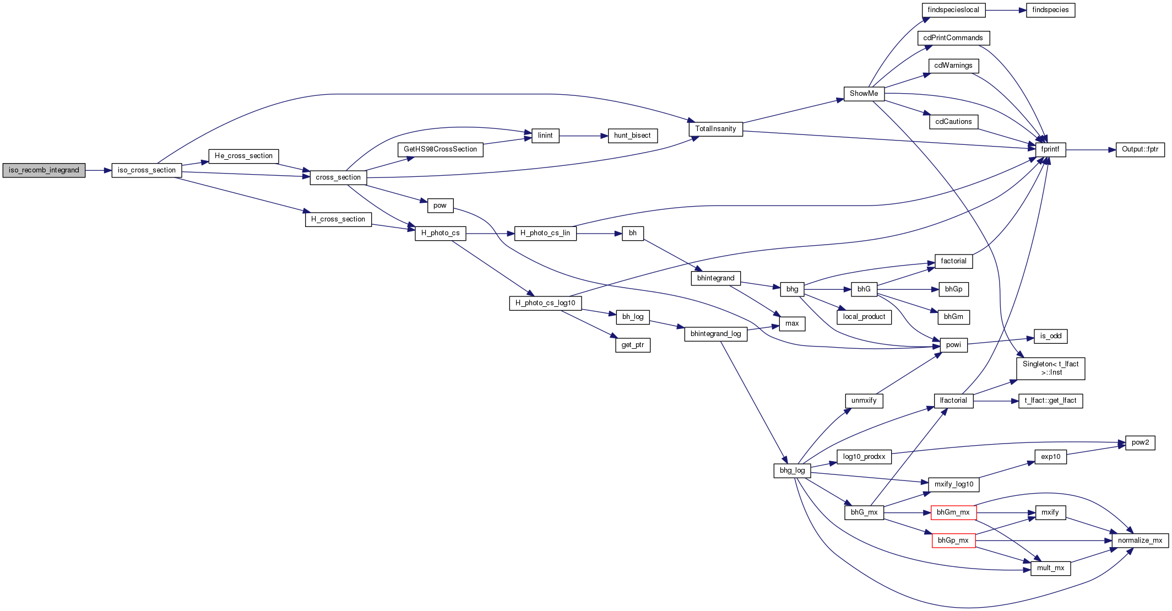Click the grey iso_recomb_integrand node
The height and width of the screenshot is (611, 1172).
pos(44,170)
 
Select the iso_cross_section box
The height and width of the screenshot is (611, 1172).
pos(146,170)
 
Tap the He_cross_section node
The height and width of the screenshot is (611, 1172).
pos(243,156)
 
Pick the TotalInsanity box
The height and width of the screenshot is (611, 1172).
pos(715,129)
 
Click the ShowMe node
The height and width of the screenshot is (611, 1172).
pos(864,94)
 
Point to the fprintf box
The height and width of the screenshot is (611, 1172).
pos(1050,149)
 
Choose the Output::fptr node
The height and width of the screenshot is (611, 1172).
pos(1140,149)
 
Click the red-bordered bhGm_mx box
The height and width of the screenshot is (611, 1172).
pos(953,512)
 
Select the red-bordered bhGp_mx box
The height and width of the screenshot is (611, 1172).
pos(953,540)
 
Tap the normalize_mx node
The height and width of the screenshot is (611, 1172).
pos(1140,540)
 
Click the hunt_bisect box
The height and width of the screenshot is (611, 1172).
pos(632,136)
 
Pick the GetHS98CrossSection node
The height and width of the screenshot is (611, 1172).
pos(441,149)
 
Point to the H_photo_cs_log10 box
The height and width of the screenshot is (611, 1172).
pos(545,303)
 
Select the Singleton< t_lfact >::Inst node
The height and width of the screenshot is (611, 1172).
pos(1051,368)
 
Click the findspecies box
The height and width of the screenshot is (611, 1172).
pos(1050,10)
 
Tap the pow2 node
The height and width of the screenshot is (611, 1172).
pos(1140,442)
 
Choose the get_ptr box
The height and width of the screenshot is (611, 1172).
pos(632,345)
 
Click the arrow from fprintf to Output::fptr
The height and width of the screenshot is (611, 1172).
pos(1090,149)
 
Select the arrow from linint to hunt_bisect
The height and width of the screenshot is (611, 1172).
pos(584,136)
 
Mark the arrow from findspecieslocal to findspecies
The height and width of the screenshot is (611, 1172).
pos(1006,10)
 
